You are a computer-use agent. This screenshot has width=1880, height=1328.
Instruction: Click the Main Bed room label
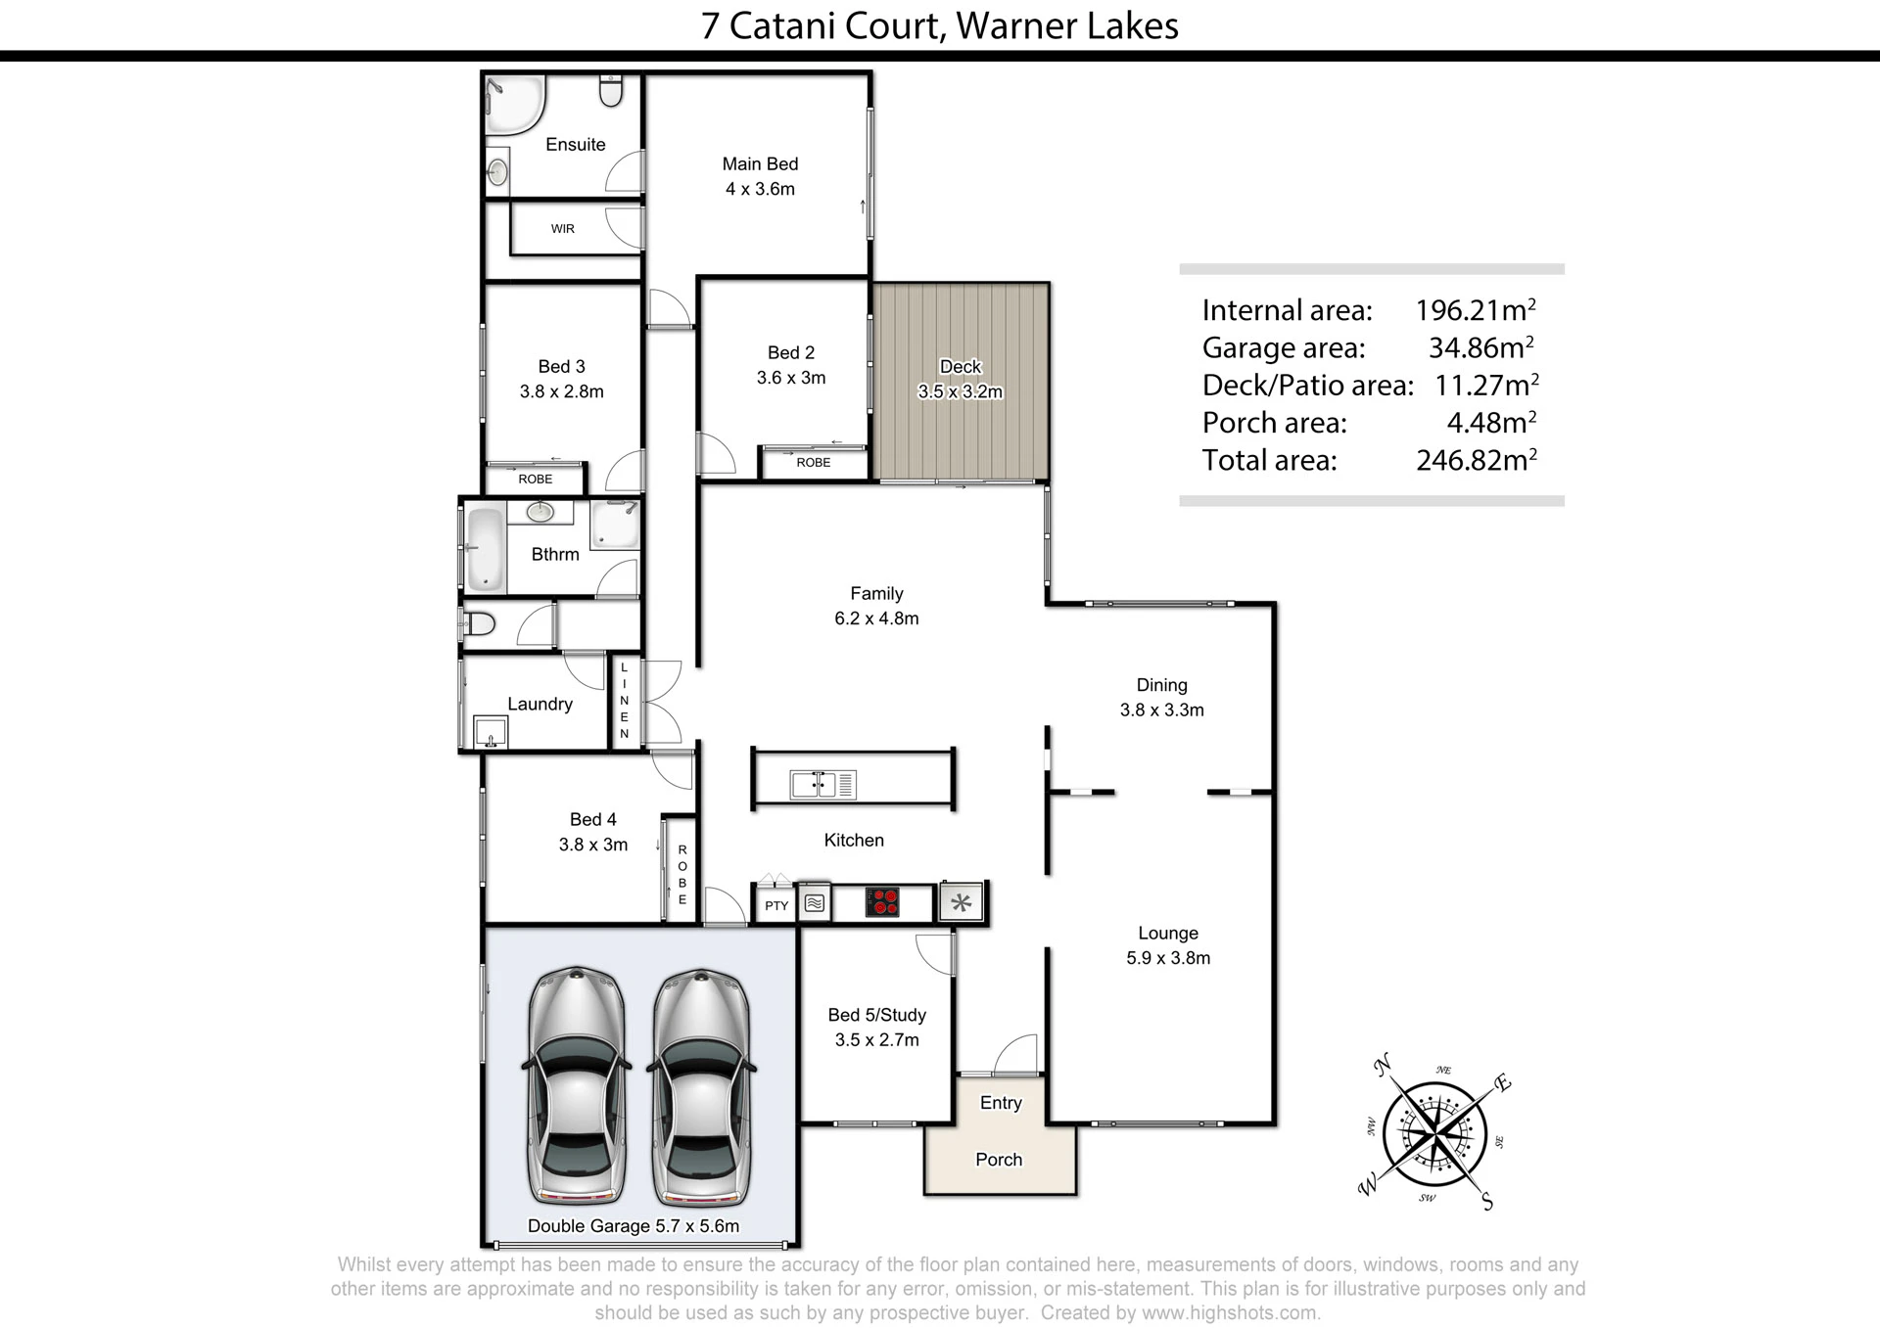pyautogui.click(x=760, y=164)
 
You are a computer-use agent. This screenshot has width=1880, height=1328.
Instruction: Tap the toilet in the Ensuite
pyautogui.click(x=611, y=89)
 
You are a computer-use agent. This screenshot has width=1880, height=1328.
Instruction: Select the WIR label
pyautogui.click(x=563, y=229)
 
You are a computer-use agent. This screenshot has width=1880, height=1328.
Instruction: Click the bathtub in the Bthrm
pyautogui.click(x=484, y=549)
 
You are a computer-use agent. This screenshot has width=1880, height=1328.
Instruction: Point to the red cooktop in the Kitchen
pyautogui.click(x=882, y=901)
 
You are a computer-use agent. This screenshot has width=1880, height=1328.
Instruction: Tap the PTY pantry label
pyautogui.click(x=776, y=906)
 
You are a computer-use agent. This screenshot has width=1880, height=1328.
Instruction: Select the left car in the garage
pyautogui.click(x=576, y=1085)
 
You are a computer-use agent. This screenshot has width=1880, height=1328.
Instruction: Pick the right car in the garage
pyautogui.click(x=701, y=1085)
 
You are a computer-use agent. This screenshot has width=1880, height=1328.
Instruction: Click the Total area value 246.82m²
pyautogui.click(x=1476, y=460)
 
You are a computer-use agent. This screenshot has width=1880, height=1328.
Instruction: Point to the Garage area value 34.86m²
pyautogui.click(x=1481, y=347)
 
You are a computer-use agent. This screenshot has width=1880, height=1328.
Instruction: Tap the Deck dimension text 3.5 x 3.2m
pyautogui.click(x=960, y=392)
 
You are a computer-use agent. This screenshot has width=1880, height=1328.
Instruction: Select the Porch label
pyautogui.click(x=999, y=1160)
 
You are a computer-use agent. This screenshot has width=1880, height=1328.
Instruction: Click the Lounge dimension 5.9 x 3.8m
pyautogui.click(x=1168, y=958)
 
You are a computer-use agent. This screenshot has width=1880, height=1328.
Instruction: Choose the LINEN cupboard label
pyautogui.click(x=625, y=701)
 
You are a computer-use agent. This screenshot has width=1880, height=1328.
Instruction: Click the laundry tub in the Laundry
pyautogui.click(x=491, y=732)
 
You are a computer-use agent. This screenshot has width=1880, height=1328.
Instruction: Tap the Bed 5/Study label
pyautogui.click(x=876, y=1016)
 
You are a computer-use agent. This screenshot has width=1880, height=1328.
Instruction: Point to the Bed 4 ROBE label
pyautogui.click(x=682, y=875)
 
